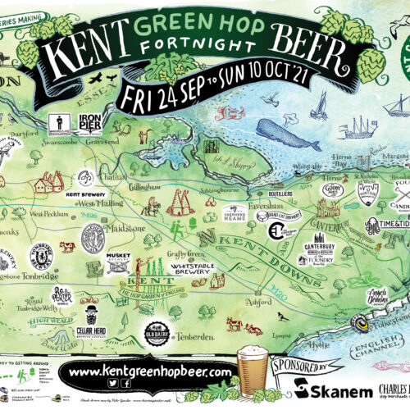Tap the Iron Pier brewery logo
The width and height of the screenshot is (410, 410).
pos(89,122)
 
